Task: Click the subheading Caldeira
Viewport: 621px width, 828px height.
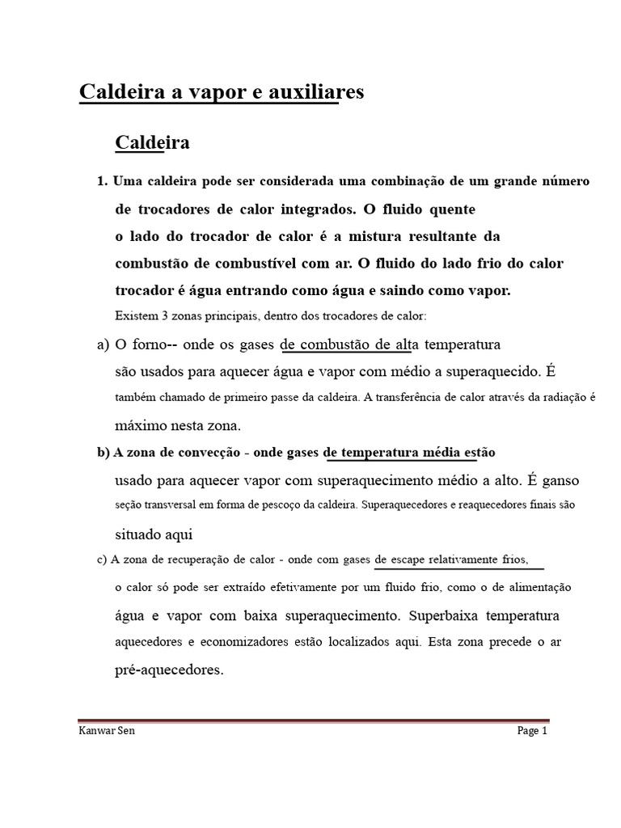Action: [152, 143]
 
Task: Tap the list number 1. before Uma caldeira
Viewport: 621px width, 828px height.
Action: [102, 181]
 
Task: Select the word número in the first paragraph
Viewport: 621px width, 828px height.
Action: [565, 181]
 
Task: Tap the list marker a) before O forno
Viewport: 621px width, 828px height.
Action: [103, 344]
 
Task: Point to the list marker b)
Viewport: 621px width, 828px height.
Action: [103, 452]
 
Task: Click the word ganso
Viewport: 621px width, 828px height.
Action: [560, 480]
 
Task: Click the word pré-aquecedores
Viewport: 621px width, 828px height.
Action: [169, 670]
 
